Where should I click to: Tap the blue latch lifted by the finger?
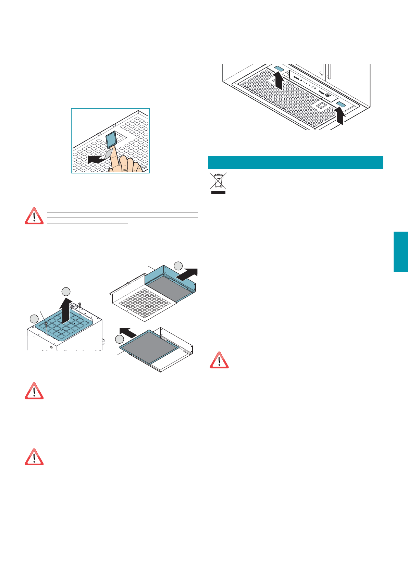tap(112, 139)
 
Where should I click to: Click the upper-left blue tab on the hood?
tap(279, 69)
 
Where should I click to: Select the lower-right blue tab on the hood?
tap(341, 104)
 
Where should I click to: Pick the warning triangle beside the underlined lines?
tap(34, 216)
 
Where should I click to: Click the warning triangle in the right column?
tap(219, 360)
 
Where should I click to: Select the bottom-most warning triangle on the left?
tap(34, 457)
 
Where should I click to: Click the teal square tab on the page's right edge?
tap(400, 252)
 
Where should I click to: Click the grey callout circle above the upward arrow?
tap(66, 292)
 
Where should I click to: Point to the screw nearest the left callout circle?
tap(46, 323)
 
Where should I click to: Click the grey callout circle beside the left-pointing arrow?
tap(120, 339)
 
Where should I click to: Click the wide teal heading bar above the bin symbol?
tap(295, 162)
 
